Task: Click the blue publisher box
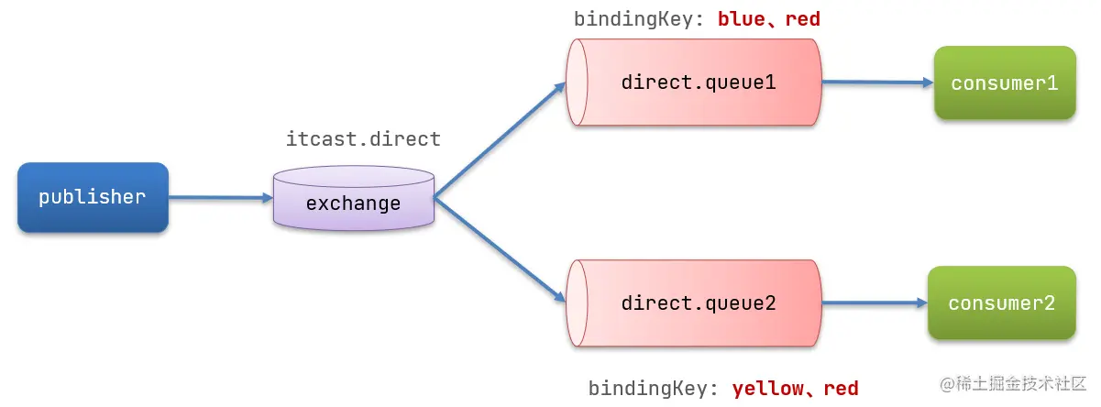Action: (92, 197)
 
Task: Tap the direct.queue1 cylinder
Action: (697, 82)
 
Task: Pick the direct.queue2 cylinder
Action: (697, 303)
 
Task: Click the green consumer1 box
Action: (1005, 83)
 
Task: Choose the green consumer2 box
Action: (1001, 303)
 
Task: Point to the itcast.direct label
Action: (364, 139)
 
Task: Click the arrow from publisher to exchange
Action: (220, 197)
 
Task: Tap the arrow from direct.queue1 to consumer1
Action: (875, 82)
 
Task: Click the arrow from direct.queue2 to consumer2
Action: (871, 302)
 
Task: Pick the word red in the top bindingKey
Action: (803, 19)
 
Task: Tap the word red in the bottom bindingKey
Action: (842, 389)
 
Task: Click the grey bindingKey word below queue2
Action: (649, 389)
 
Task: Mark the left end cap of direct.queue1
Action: (576, 82)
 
